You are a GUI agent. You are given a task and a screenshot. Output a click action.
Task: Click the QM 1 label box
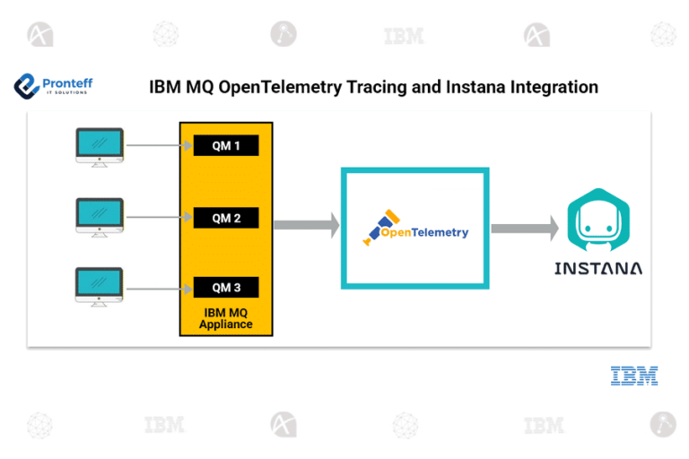[x=226, y=145]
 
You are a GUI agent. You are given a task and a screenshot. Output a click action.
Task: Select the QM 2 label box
[x=226, y=217]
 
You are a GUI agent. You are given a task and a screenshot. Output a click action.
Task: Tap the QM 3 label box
[x=226, y=288]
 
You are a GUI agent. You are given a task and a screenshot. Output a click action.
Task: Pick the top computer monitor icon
[x=100, y=147]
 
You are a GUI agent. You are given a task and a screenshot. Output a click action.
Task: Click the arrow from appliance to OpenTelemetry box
[x=306, y=225]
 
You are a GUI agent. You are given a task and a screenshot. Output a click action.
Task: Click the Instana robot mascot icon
[x=598, y=221]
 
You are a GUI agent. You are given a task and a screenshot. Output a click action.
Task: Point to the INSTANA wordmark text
[x=598, y=268]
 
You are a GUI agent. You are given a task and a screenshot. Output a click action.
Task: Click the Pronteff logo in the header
[x=53, y=87]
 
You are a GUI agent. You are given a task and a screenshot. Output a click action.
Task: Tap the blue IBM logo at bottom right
[x=634, y=376]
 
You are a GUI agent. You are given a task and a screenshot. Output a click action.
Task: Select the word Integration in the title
[x=551, y=88]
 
